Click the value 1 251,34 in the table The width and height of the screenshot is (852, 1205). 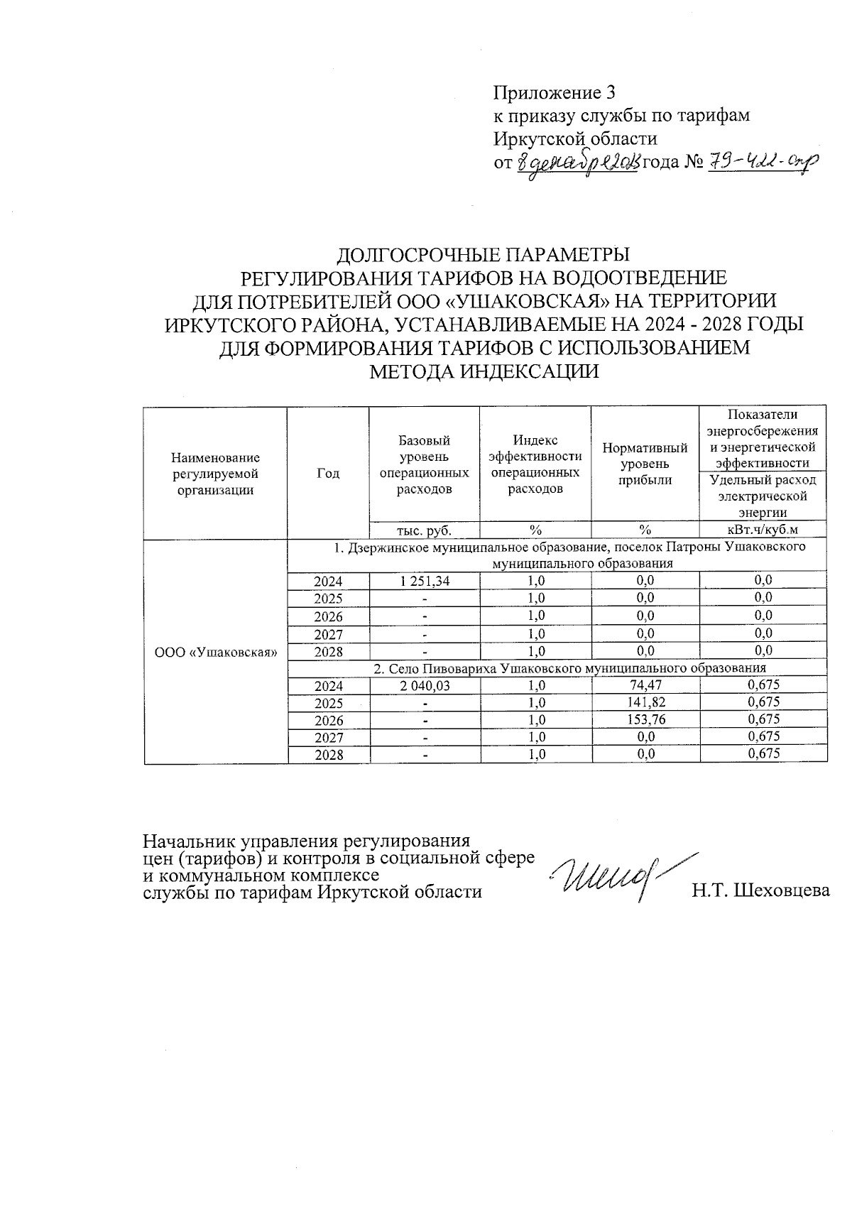click(425, 580)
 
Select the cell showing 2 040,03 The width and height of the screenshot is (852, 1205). click(425, 685)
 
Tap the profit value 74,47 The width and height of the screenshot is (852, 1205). click(645, 685)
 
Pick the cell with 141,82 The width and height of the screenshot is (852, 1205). click(645, 703)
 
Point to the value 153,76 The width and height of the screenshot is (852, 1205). click(645, 720)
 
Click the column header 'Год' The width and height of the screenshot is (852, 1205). click(327, 473)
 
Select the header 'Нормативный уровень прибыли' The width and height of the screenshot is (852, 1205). click(645, 464)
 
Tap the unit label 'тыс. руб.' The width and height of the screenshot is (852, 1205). click(425, 530)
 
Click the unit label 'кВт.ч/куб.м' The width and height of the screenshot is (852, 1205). click(763, 530)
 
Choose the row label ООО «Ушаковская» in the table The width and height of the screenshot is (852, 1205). click(216, 652)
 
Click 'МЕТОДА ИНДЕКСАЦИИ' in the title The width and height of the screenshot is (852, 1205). click(485, 371)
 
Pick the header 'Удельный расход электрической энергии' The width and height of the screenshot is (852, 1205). click(763, 496)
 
